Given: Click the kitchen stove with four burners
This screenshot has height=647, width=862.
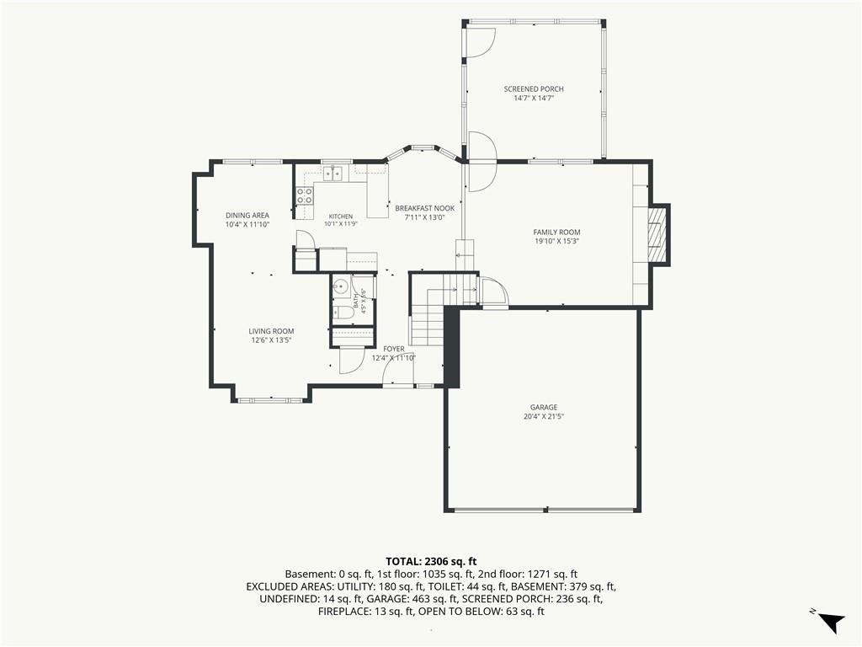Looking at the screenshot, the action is pos(305,195).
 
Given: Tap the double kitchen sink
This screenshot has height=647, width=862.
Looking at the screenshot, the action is pos(332,174).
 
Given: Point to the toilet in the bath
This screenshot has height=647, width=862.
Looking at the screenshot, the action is pos(344,313).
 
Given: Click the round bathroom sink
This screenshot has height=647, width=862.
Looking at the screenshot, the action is pos(341,286).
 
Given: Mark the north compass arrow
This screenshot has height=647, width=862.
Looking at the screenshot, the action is pos(831,622).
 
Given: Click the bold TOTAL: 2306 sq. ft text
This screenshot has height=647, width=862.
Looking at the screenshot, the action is pos(431,562).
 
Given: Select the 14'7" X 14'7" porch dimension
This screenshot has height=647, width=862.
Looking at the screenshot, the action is pos(533,99).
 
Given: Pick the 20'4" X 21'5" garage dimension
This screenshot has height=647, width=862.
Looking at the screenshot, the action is pos(544,416).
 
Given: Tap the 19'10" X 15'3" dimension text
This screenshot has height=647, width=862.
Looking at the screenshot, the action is pos(556,241).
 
